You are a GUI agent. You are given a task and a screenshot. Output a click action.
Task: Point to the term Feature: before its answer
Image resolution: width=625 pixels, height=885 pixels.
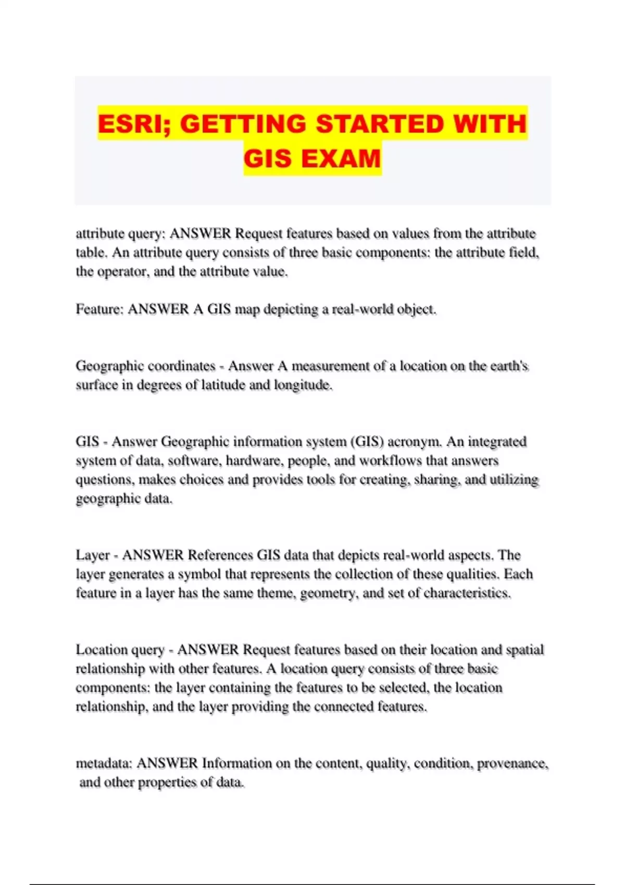[x=99, y=309]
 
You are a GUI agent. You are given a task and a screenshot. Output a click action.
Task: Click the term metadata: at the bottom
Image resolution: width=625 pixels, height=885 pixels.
[x=105, y=763]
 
